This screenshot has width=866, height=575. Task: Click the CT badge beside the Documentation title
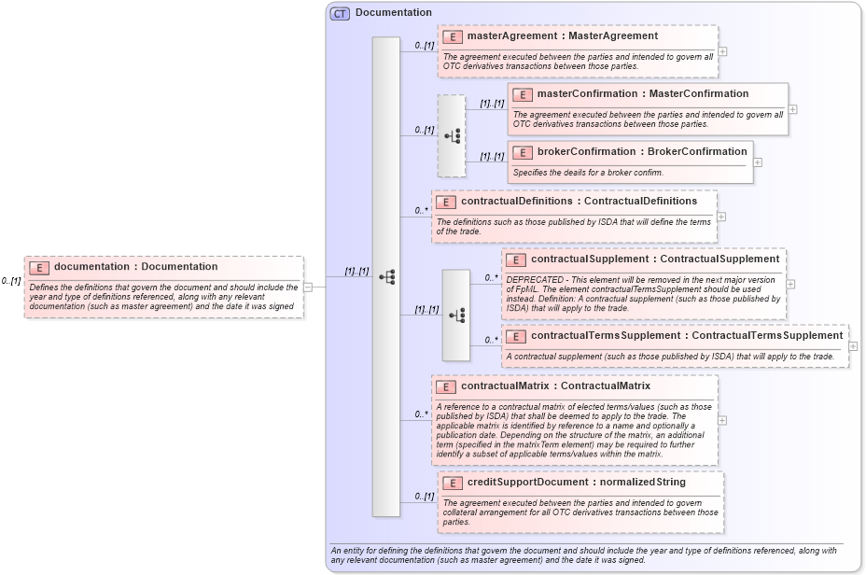[x=341, y=13]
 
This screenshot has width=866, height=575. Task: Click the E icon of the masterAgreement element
[x=453, y=36]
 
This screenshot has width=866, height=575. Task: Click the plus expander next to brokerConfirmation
[x=758, y=161]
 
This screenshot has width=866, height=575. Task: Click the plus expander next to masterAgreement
[x=722, y=51]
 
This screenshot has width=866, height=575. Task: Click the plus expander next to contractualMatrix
[x=722, y=420]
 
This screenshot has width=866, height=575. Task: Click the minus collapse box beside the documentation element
[x=308, y=287]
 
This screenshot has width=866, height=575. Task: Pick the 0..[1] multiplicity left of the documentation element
[x=11, y=281]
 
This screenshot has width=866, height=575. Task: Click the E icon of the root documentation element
[x=39, y=268]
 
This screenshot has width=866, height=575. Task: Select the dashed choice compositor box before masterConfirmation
[x=452, y=135]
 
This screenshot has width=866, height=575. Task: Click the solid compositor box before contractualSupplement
[x=455, y=316]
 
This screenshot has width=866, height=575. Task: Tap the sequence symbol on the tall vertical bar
[x=386, y=277]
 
